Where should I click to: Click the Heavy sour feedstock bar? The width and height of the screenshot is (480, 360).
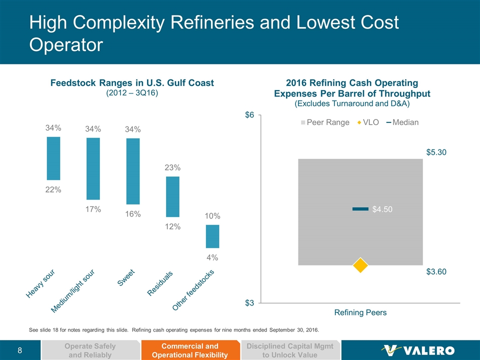pos(53,158)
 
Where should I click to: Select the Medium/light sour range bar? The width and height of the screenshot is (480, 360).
pos(93,169)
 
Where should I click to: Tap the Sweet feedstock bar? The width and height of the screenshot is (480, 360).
pos(133,171)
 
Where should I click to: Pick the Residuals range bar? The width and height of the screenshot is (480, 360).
pos(172,196)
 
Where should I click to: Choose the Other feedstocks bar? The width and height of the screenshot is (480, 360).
pos(212,236)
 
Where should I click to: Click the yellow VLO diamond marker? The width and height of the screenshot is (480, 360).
pos(360,265)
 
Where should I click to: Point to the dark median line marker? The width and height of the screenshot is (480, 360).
pos(360,209)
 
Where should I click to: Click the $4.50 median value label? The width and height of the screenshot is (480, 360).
pos(382,209)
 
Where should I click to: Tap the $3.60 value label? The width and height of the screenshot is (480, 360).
pos(436,272)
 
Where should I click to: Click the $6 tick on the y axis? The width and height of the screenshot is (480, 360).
pos(249,115)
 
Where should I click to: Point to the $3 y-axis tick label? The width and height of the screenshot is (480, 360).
pos(249,303)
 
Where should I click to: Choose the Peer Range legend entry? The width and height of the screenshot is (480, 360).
pos(325,122)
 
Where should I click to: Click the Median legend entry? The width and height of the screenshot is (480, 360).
pos(402,122)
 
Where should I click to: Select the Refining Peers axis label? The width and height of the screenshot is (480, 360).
pos(360,313)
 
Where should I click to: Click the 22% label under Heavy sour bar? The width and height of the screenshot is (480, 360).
pos(53,189)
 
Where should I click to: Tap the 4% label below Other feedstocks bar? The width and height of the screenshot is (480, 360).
pos(212,258)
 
